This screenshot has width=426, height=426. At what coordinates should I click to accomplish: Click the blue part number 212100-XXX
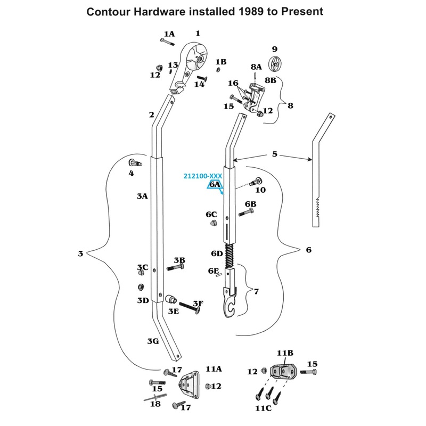[x=202, y=176]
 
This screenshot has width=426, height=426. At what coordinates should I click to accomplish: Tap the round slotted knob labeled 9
[x=275, y=63]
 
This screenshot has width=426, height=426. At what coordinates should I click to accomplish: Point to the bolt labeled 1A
[x=163, y=41]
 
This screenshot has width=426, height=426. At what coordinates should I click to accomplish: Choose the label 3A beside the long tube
[x=142, y=196]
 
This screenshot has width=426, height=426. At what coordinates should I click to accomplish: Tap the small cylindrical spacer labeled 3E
[x=171, y=299]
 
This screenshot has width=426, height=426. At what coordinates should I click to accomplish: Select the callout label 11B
[x=284, y=353]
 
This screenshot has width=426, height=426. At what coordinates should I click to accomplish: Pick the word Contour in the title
[x=108, y=11]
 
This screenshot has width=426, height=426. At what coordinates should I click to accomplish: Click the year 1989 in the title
[x=244, y=11]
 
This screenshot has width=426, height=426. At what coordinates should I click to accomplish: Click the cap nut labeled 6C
[x=210, y=223]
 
